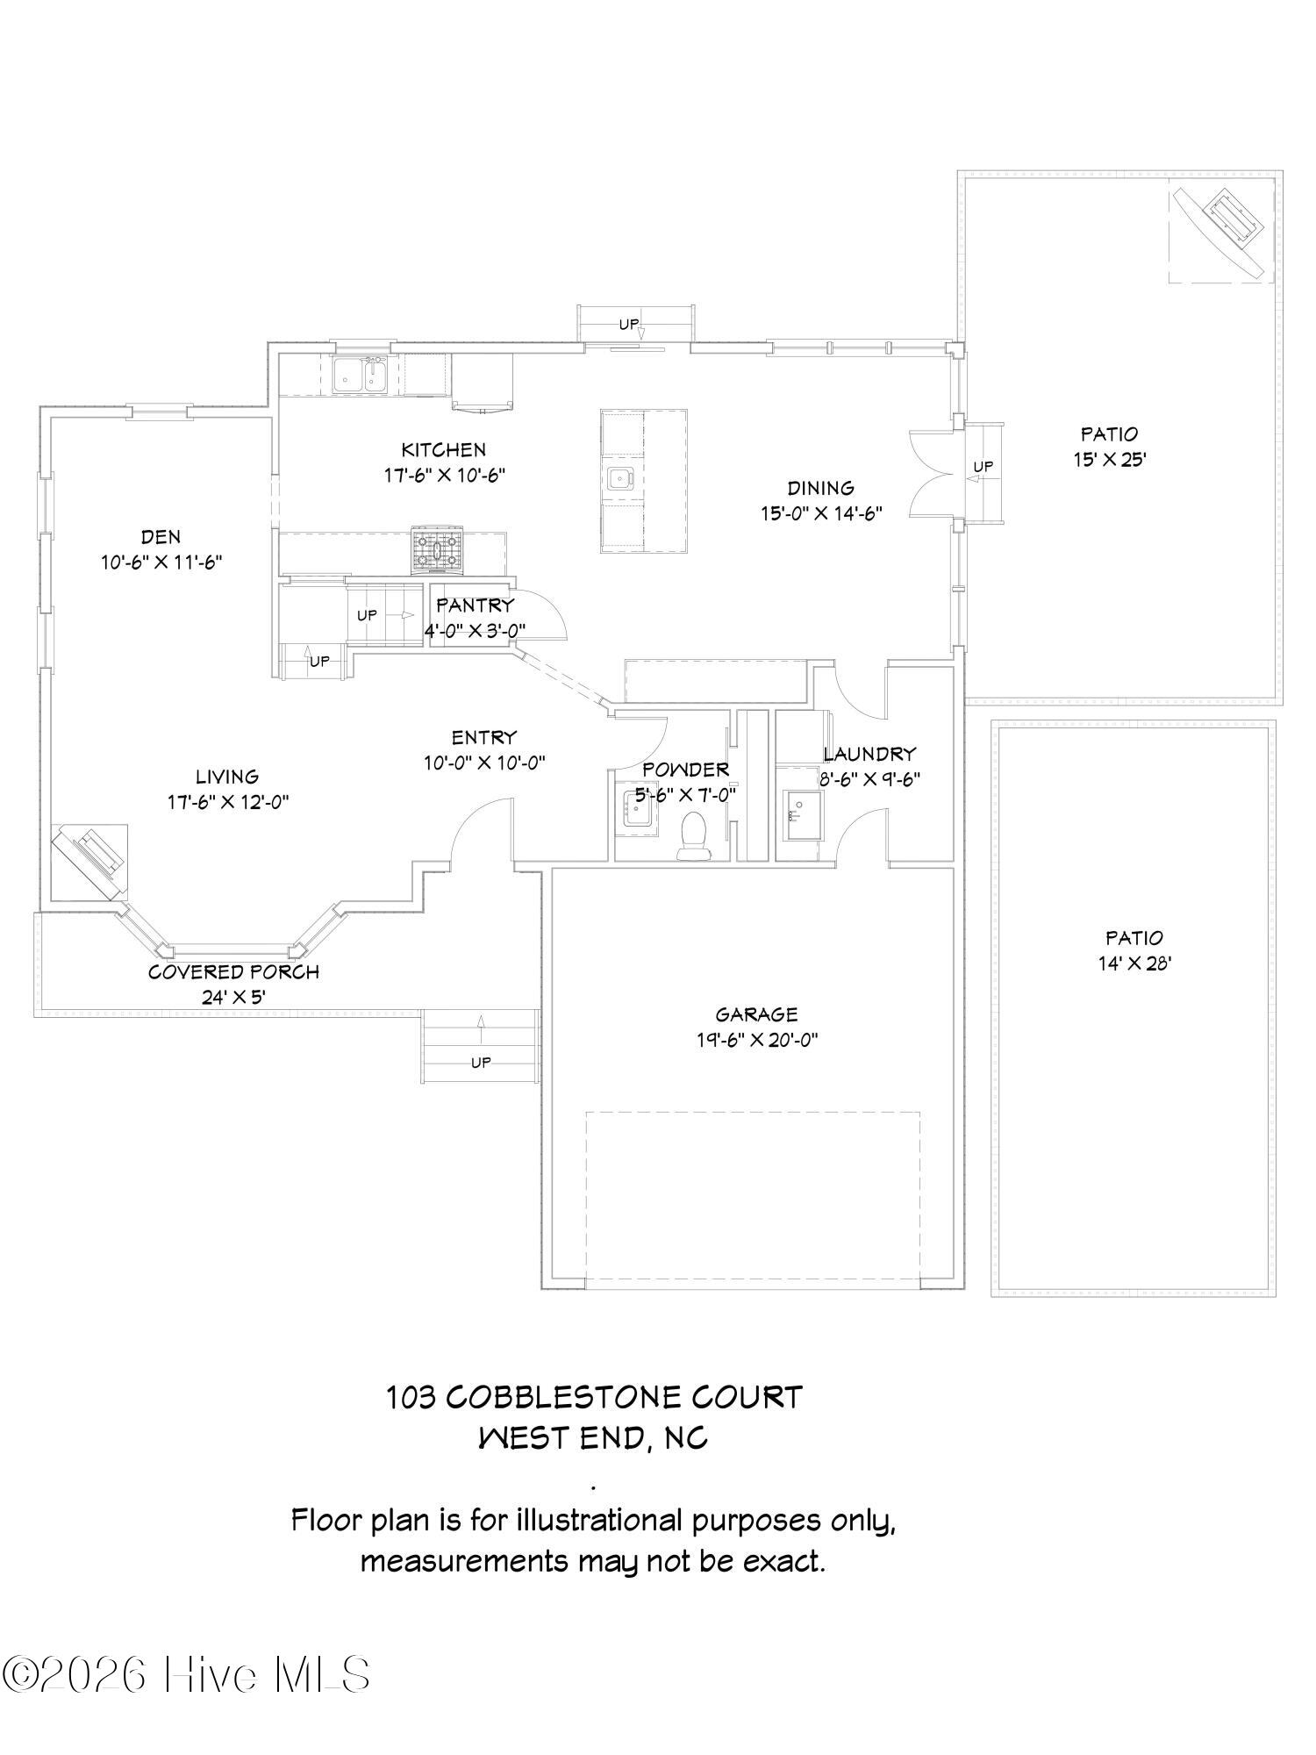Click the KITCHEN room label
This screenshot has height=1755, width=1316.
pyautogui.click(x=444, y=450)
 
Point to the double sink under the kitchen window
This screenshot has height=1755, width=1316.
pyautogui.click(x=361, y=375)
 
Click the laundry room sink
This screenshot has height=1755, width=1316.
pyautogui.click(x=802, y=815)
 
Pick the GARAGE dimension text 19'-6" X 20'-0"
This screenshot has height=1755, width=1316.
pyautogui.click(x=757, y=1041)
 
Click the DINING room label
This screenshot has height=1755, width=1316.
pyautogui.click(x=820, y=488)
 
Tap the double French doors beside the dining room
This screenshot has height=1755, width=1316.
pyautogui.click(x=933, y=475)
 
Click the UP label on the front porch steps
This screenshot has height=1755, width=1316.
pyautogui.click(x=481, y=1063)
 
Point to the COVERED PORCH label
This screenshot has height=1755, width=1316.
pyautogui.click(x=233, y=972)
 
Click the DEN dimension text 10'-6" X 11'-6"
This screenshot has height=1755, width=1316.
pyautogui.click(x=161, y=562)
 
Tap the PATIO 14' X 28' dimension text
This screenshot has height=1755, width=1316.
pyautogui.click(x=1134, y=963)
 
